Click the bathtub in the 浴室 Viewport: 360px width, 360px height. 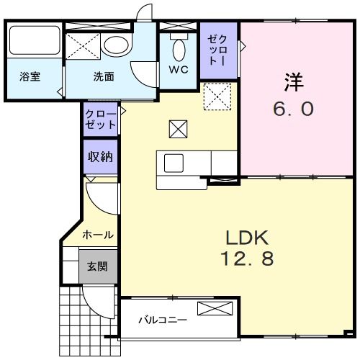tap(35, 40)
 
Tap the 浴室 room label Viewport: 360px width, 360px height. tap(30, 76)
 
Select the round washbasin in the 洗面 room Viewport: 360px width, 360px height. tap(117, 45)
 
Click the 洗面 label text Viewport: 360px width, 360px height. tap(104, 76)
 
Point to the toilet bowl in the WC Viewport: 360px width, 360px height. tap(179, 50)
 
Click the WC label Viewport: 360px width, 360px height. tap(179, 70)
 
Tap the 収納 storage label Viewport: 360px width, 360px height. tap(100, 157)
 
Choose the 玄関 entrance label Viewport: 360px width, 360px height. tap(97, 266)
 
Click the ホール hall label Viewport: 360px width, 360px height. tap(98, 235)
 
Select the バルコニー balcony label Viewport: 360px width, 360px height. tap(163, 320)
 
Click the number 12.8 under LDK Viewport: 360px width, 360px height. tap(247, 258)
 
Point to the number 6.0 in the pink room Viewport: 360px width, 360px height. tap(293, 109)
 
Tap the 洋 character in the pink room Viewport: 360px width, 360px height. tap(294, 82)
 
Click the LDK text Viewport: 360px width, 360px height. tap(247, 238)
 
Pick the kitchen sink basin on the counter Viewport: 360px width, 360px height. tap(174, 163)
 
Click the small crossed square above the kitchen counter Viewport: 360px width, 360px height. tap(178, 129)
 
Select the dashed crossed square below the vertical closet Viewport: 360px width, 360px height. tap(217, 96)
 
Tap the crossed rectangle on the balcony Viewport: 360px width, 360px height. tap(215, 309)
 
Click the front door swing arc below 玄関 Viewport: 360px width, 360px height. tap(89, 306)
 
